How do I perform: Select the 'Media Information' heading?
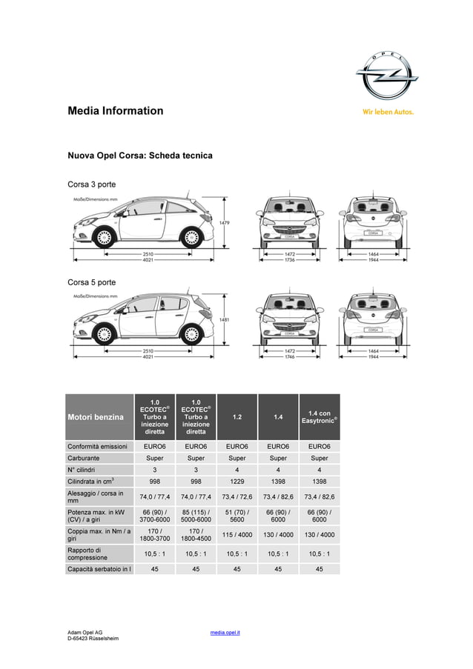pyautogui.click(x=116, y=111)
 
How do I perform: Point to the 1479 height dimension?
pyautogui.click(x=225, y=222)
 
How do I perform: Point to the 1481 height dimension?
pyautogui.click(x=225, y=319)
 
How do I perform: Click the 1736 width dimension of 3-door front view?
pyautogui.click(x=290, y=260)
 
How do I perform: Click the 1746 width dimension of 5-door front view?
pyautogui.click(x=290, y=357)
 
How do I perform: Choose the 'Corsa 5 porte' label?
pyautogui.click(x=92, y=282)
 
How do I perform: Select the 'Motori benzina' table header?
pyautogui.click(x=96, y=417)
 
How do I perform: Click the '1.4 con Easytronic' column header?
pyautogui.click(x=319, y=417)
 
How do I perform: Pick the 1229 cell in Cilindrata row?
pyautogui.click(x=236, y=482)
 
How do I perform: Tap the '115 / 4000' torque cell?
pyautogui.click(x=236, y=535)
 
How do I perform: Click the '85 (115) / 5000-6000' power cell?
pyautogui.click(x=196, y=516)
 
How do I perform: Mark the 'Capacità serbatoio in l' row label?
pyautogui.click(x=99, y=569)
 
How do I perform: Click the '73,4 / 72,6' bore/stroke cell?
pyautogui.click(x=236, y=497)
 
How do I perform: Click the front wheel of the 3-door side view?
pyautogui.click(x=104, y=238)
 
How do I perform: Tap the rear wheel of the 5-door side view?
pyautogui.click(x=191, y=335)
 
